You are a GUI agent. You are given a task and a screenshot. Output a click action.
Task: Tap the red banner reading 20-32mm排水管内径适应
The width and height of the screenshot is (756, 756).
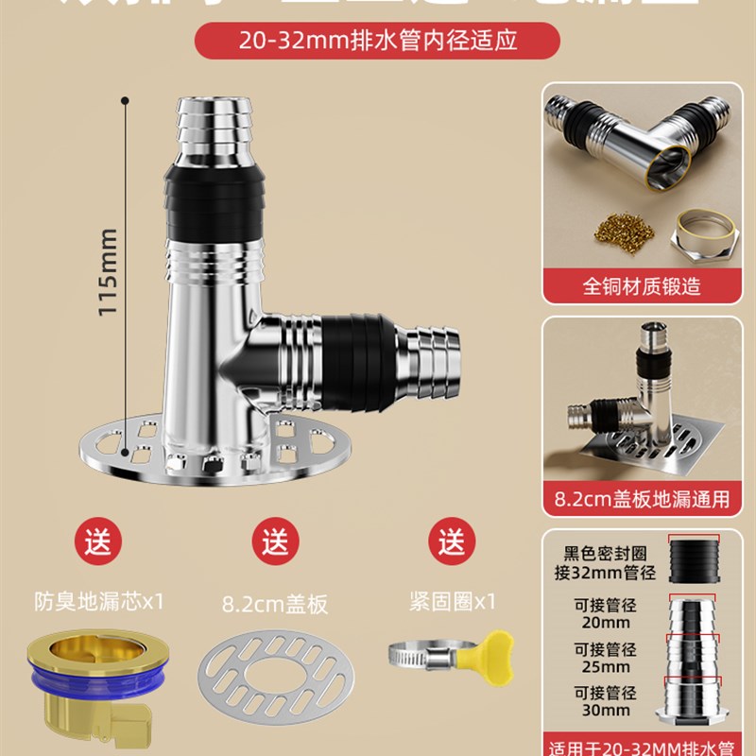click(377, 41)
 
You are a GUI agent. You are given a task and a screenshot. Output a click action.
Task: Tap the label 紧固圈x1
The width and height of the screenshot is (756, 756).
click(453, 600)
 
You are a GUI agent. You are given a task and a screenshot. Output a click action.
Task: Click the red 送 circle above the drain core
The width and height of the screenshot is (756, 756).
click(98, 543)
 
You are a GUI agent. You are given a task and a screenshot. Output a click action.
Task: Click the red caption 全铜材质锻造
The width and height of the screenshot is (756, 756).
click(641, 285)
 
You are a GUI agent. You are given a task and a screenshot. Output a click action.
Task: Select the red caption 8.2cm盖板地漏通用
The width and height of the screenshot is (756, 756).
click(641, 499)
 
